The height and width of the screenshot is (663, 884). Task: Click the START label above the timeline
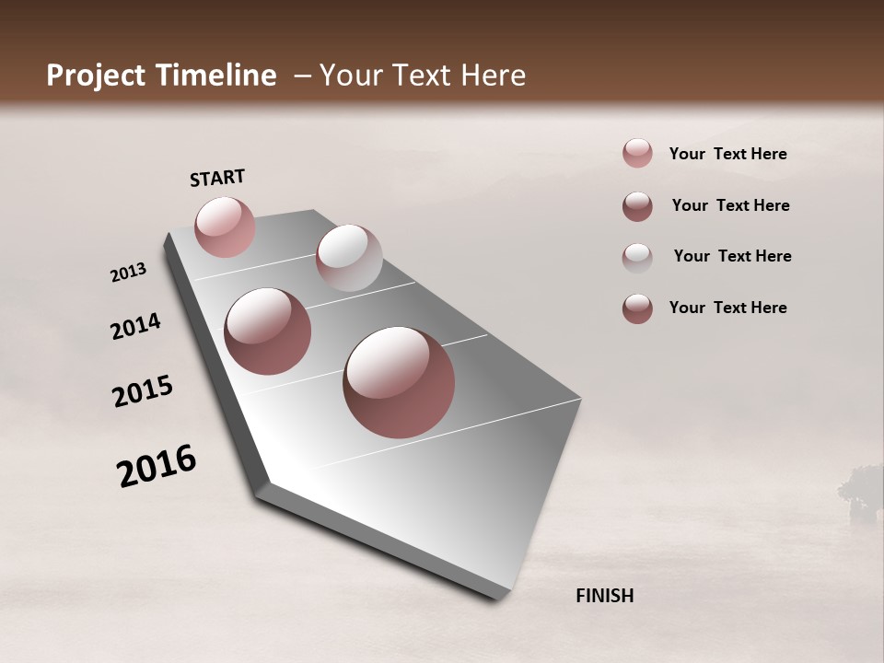[217, 178]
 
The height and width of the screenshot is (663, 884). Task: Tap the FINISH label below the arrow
[604, 596]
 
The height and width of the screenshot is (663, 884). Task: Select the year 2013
[129, 272]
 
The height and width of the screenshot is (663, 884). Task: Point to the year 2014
[135, 326]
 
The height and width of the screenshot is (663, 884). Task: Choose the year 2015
[143, 391]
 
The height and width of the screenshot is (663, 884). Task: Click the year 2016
[157, 466]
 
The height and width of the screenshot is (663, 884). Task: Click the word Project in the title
[97, 76]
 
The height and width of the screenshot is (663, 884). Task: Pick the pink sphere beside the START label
[225, 227]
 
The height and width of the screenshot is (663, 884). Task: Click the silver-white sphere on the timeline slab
[349, 258]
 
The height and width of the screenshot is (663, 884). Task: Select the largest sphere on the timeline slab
[399, 382]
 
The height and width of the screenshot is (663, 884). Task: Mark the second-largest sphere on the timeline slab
[267, 331]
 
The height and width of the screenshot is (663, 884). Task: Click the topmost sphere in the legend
[637, 154]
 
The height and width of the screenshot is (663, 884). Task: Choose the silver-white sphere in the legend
[637, 257]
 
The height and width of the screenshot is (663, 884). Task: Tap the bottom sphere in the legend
[637, 308]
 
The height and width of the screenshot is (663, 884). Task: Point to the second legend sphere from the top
[637, 205]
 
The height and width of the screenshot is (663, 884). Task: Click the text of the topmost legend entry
[727, 154]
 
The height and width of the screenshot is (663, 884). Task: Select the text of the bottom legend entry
[727, 308]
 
